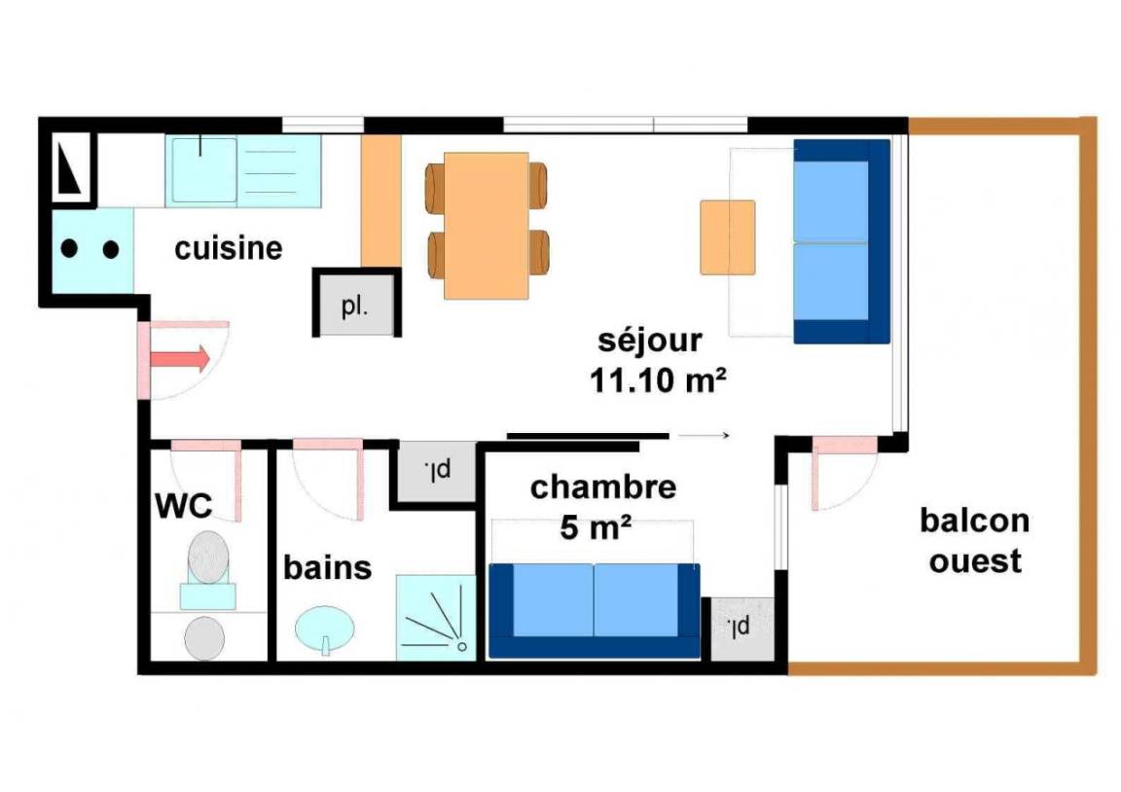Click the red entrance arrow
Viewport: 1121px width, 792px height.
179,358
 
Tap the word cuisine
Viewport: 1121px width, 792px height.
229,248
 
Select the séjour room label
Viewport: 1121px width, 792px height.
650,341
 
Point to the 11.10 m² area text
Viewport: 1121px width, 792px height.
658,380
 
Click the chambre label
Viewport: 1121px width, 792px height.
603,487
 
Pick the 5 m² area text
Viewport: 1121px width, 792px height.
596,528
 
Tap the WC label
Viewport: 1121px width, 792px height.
184,506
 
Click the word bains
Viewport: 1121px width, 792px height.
327,567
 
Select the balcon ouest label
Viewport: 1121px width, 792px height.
974,540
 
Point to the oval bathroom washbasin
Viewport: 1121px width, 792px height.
325,629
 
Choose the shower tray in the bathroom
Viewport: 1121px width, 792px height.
436,618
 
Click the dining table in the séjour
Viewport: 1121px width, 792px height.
487,225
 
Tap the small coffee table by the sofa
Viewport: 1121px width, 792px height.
728,237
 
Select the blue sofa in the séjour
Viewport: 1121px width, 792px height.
842,241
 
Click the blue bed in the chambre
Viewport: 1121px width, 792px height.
595,610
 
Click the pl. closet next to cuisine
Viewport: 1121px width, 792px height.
356,305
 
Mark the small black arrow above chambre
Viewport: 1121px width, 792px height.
704,435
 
